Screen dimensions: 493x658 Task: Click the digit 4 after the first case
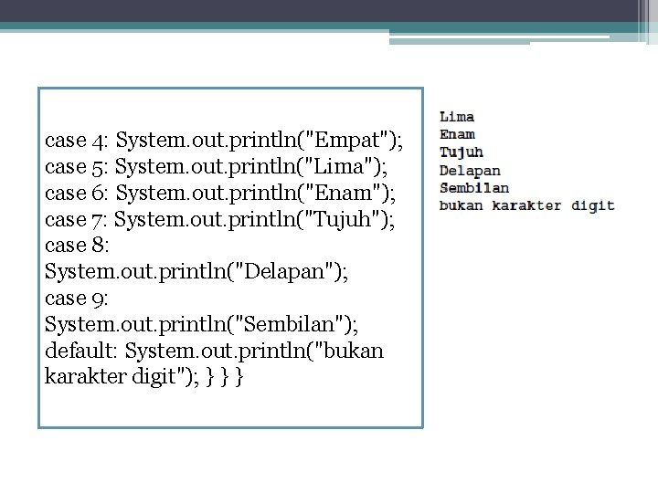[99, 142]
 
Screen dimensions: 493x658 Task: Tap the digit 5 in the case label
[99, 168]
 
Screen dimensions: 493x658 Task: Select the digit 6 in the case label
[99, 194]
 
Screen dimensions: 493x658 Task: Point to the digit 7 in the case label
[98, 220]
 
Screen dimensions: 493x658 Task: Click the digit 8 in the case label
[99, 246]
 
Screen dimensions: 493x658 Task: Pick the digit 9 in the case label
[99, 299]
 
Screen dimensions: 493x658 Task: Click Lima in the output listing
[457, 117]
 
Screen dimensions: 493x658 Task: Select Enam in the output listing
[457, 134]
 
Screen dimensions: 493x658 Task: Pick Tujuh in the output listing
[462, 152]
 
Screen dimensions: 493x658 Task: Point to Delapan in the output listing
[470, 170]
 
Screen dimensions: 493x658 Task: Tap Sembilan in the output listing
[474, 187]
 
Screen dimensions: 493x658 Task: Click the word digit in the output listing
[593, 205]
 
